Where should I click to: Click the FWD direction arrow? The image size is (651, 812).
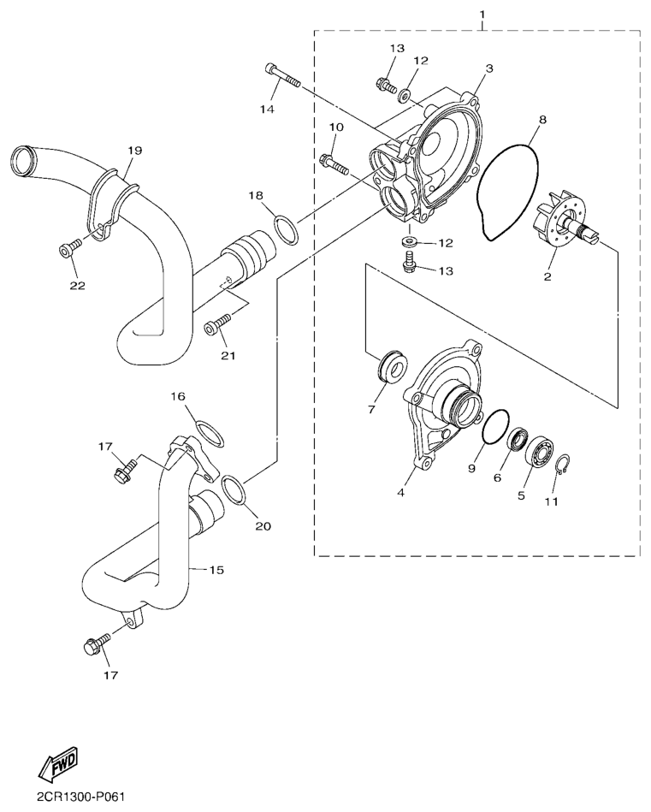point(61,762)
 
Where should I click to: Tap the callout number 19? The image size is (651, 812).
point(134,151)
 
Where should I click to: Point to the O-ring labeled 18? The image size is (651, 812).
point(286,229)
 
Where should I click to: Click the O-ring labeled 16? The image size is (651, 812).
point(210,433)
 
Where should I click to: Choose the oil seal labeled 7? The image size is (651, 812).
point(393,367)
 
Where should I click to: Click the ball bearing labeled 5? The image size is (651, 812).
point(540,449)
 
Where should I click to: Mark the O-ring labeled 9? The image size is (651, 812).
point(495,426)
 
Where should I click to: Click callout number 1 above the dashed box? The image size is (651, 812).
point(482,13)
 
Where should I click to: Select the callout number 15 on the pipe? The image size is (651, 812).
point(216,570)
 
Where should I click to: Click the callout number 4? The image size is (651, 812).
point(400,493)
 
